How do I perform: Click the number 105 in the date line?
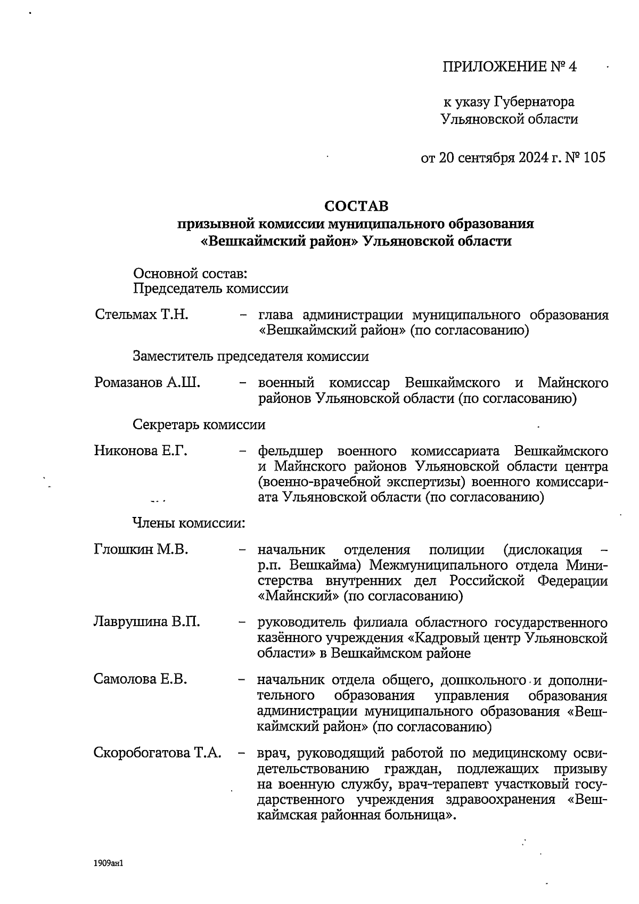click(594, 158)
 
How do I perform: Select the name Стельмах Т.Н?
click(142, 315)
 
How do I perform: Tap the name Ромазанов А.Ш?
click(147, 383)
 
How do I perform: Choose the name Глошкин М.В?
click(141, 549)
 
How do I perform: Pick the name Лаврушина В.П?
click(147, 621)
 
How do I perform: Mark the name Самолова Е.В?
click(141, 679)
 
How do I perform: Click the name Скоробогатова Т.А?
click(158, 753)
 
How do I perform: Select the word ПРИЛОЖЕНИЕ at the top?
click(495, 67)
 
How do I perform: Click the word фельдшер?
click(291, 451)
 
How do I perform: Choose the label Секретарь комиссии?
click(199, 425)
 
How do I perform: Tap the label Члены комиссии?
click(189, 523)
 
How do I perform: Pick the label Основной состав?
click(190, 274)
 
